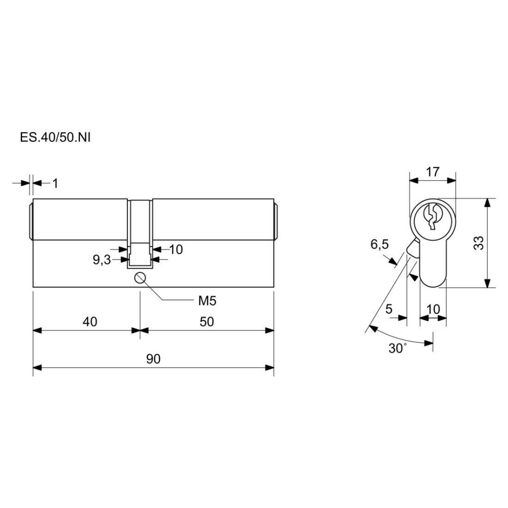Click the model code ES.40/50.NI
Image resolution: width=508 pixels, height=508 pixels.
point(55,137)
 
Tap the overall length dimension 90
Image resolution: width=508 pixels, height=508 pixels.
point(153,359)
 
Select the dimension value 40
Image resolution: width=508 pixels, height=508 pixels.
point(90,321)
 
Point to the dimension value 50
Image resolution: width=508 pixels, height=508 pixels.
point(207,321)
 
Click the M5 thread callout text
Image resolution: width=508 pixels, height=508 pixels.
point(207,301)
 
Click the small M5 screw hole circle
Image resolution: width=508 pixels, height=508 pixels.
point(140,278)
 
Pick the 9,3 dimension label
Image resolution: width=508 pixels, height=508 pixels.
point(102,260)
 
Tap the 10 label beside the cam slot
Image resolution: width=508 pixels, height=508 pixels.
point(176,250)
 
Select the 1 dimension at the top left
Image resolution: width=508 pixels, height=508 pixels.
point(55,184)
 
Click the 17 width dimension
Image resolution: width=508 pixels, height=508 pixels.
point(433,172)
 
